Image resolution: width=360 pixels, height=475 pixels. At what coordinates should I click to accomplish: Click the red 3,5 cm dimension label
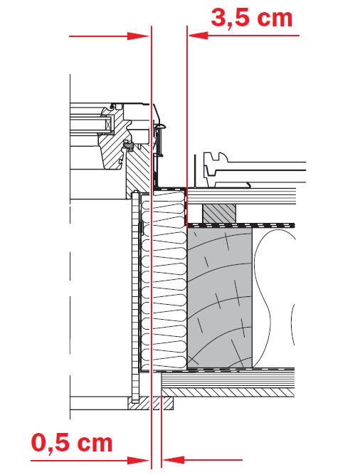[x=252, y=19]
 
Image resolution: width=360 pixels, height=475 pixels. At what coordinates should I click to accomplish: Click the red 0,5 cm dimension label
[x=72, y=443]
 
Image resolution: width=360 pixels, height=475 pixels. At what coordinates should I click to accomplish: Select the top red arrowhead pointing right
[x=139, y=36]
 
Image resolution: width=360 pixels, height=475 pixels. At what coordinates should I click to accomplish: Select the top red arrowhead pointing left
[x=198, y=36]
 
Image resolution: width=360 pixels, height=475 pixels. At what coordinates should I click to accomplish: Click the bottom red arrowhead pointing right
[x=139, y=461]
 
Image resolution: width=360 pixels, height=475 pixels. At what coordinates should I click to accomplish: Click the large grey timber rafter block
[x=219, y=298]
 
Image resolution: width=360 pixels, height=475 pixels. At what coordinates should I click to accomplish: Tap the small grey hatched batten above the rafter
[x=219, y=213]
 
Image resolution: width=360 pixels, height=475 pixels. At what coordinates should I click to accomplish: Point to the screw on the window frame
[x=159, y=140]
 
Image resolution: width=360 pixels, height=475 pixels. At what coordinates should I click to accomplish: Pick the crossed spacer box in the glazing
[x=107, y=124]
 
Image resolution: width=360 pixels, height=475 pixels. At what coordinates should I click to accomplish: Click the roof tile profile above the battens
[x=254, y=170]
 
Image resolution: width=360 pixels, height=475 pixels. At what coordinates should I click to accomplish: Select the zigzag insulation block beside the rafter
[x=164, y=278]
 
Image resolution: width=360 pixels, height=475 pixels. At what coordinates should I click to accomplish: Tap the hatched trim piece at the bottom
[x=151, y=403]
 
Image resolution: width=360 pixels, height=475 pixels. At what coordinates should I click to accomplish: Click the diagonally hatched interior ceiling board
[x=228, y=392]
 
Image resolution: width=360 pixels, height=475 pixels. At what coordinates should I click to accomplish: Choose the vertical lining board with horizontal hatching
[x=135, y=298]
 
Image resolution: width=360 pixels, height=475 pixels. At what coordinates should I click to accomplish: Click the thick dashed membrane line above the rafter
[x=240, y=225]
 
